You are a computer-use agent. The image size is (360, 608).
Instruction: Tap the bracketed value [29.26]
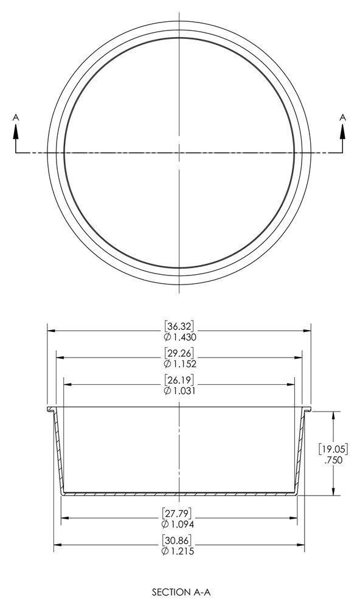[x=179, y=353]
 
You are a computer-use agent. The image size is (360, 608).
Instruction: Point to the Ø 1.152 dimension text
[x=179, y=364]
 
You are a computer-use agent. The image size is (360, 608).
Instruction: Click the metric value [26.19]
[x=179, y=381]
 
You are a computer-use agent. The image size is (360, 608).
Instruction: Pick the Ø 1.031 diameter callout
[x=179, y=391]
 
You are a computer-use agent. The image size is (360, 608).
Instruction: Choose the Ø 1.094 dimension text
[x=179, y=523]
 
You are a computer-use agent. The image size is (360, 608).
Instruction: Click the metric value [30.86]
[x=179, y=540]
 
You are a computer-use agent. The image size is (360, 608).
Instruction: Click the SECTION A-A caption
[x=179, y=590]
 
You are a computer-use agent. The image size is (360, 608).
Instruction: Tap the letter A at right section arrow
[x=342, y=116]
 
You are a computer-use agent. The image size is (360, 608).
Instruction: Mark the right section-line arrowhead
[x=342, y=130]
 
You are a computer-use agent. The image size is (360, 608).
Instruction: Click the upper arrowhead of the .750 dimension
[x=333, y=415]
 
